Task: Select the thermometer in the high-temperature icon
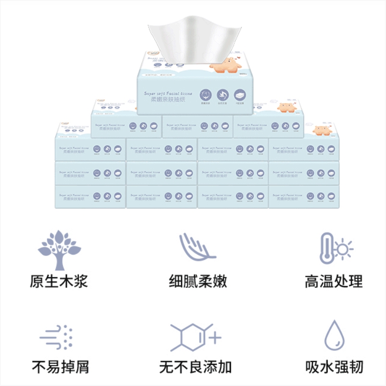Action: click(327, 248)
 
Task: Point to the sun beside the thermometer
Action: click(344, 248)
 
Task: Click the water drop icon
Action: click(334, 335)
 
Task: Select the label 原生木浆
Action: click(59, 281)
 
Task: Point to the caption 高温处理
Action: click(334, 281)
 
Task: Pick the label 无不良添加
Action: click(196, 367)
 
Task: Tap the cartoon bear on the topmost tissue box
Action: click(228, 65)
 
